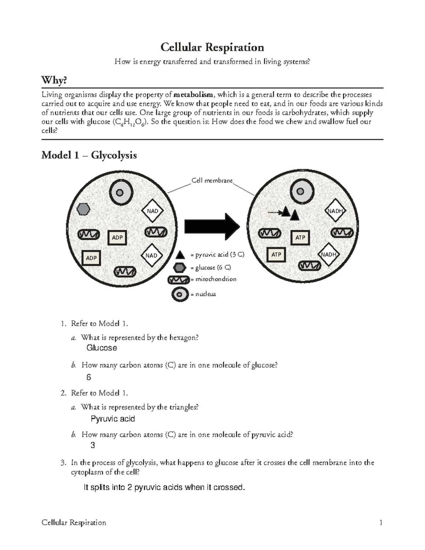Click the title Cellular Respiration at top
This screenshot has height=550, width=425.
212,47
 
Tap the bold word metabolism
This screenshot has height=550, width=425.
193,95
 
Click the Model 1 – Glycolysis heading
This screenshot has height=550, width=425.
89,155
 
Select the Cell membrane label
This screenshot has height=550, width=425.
212,181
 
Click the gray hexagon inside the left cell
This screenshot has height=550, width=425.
84,209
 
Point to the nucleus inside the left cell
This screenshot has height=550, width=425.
120,193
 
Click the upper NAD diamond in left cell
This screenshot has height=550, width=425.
152,211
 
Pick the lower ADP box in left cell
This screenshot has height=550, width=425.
91,258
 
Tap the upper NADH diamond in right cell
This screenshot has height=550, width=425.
335,211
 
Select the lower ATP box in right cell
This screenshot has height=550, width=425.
276,255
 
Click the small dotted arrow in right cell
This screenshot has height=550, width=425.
273,212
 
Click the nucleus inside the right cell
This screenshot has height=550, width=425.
300,192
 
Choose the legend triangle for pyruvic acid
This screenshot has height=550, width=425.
180,255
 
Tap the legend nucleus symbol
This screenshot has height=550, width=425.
180,294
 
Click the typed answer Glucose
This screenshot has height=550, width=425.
102,348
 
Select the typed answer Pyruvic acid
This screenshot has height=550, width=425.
113,419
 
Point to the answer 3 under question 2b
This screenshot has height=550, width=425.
93,445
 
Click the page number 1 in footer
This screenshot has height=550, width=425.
381,523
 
